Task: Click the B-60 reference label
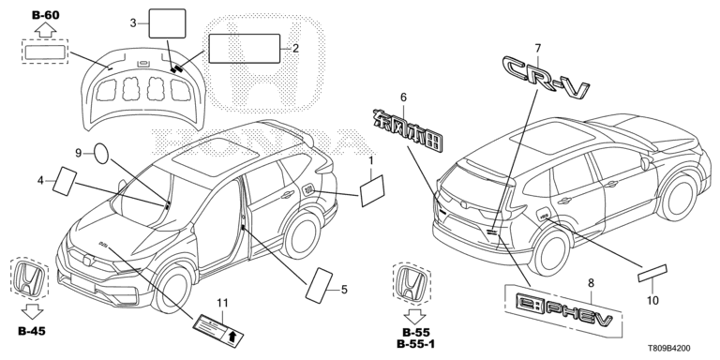(45, 15)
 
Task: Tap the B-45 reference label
(32, 331)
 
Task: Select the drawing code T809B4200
(668, 349)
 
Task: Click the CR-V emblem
(546, 77)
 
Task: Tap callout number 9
(78, 153)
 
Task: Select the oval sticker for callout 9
(101, 154)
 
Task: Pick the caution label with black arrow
(217, 331)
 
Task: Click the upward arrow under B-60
(45, 31)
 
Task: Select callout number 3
(133, 22)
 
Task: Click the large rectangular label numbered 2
(245, 48)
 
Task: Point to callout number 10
(652, 300)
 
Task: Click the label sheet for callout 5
(320, 285)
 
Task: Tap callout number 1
(371, 161)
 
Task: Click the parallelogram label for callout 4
(66, 181)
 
